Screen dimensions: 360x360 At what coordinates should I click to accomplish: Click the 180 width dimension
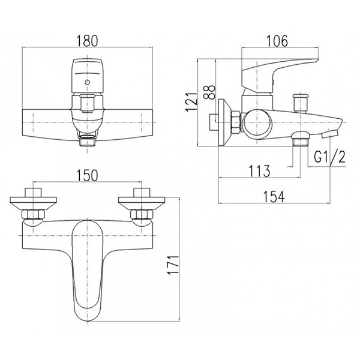click(87, 41)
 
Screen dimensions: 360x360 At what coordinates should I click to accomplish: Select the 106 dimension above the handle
click(277, 41)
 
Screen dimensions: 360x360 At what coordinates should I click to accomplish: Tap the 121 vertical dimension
click(191, 102)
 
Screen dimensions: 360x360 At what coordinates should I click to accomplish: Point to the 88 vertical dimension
click(209, 92)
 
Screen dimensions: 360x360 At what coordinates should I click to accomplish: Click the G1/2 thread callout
click(329, 157)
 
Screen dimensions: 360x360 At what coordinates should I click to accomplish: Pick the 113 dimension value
click(259, 171)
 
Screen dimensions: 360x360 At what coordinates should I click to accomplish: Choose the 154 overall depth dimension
click(274, 197)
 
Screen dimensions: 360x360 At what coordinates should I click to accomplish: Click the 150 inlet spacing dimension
click(87, 175)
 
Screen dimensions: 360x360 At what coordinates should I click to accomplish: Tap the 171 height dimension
click(173, 265)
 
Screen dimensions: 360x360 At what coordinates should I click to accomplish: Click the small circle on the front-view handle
click(87, 82)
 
